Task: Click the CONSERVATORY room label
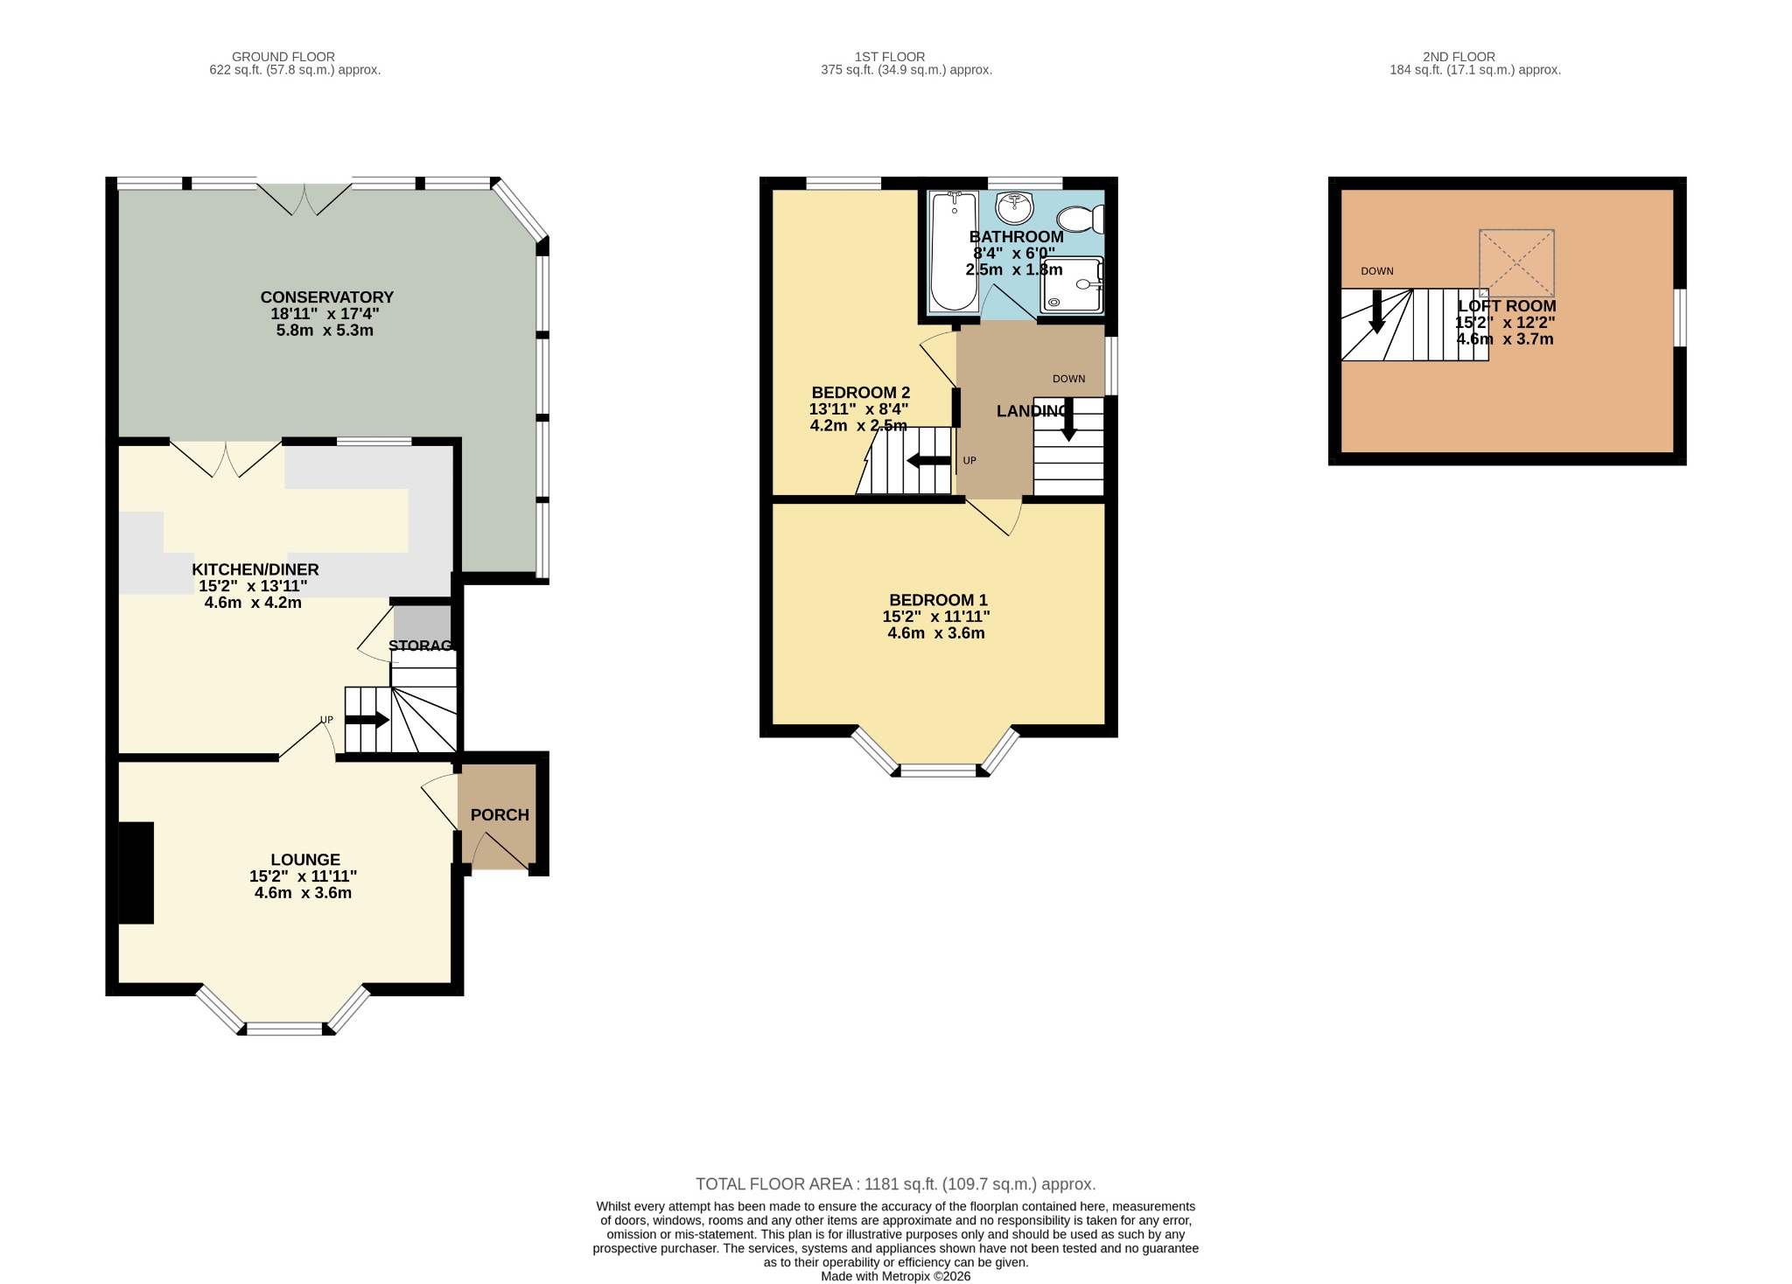(326, 297)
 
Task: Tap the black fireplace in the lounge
(136, 872)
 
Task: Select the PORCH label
(500, 815)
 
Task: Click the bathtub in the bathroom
(953, 251)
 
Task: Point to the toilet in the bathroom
(1081, 219)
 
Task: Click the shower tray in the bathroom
(1072, 284)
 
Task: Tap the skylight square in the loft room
(1516, 262)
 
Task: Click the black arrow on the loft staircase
(1376, 312)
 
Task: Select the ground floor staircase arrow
(367, 720)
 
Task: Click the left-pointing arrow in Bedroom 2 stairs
(928, 461)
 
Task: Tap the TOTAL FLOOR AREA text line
(895, 1184)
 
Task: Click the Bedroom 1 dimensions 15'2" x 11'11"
(936, 617)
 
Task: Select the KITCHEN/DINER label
(255, 569)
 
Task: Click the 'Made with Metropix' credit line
(895, 1276)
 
